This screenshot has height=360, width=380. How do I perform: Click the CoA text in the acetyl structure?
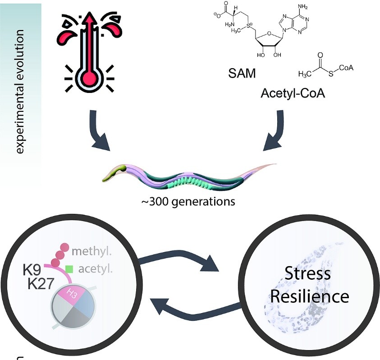tap(346, 68)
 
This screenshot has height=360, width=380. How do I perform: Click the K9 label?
tap(32, 271)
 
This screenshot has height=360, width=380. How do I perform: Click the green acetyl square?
tap(69, 270)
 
